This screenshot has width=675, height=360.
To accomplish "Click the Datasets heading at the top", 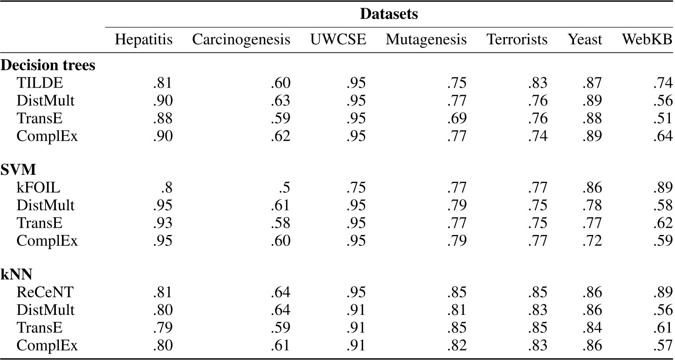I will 388,14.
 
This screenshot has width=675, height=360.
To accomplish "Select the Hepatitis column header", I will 144,40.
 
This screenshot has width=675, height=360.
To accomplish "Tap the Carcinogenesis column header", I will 241,40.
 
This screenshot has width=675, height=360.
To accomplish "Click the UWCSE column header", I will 338,40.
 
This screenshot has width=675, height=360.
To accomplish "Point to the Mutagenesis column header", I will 426,40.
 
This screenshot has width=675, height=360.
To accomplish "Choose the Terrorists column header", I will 517,40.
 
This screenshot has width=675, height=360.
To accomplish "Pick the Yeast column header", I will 585,40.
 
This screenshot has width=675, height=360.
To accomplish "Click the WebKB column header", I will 647,40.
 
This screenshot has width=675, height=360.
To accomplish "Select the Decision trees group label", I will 48,65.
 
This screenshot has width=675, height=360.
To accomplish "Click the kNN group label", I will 17,274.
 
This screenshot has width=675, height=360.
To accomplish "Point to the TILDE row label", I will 40,82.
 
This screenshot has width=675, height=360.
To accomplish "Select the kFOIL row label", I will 38,188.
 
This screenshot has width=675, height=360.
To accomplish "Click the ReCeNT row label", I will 45,292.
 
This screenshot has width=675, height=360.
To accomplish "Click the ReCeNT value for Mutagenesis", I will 457,292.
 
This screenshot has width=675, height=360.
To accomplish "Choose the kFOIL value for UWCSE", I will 356,188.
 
